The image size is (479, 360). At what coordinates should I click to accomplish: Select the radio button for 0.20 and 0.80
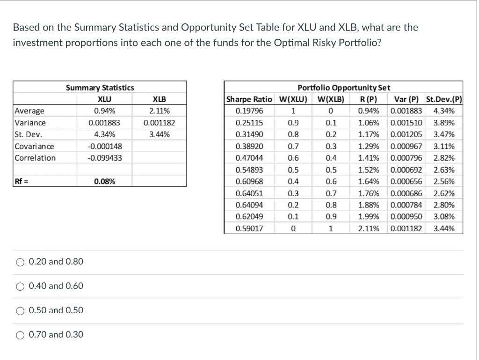click(21, 262)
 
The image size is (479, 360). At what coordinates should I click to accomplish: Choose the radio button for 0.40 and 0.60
click(21, 286)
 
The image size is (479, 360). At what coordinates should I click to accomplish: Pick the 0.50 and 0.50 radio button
click(21, 310)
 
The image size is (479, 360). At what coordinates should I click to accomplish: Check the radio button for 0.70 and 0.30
click(21, 335)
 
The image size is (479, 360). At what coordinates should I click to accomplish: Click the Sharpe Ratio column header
click(249, 99)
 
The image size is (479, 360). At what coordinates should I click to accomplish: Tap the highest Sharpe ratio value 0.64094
click(249, 205)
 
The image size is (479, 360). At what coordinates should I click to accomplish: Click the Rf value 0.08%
click(105, 182)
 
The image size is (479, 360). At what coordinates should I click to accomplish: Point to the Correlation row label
click(35, 158)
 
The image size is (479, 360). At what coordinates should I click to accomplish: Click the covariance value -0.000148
click(105, 146)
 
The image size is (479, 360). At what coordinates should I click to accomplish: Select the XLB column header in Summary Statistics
click(160, 99)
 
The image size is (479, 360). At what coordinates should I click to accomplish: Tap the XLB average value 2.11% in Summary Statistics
click(160, 111)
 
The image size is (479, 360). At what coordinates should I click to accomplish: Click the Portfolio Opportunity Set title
click(344, 88)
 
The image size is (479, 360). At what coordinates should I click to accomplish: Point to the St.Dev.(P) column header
click(444, 99)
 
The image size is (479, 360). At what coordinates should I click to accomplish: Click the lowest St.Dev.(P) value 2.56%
click(444, 182)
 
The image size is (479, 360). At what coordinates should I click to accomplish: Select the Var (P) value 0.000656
click(406, 182)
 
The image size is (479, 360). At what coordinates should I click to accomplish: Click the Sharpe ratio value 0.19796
click(249, 111)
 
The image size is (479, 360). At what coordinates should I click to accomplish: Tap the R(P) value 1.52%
click(368, 170)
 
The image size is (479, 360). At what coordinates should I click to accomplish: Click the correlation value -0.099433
click(105, 158)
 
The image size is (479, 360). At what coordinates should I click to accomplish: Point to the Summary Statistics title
click(100, 88)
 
